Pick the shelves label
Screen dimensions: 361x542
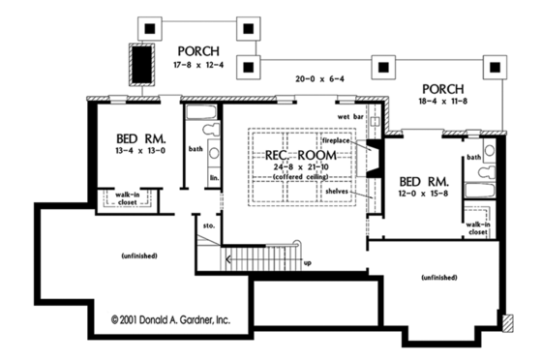pos(336,190)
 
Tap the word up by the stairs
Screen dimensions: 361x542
pos(308,262)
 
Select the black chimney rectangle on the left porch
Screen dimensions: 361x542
pos(142,65)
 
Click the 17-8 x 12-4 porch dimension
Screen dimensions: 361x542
pos(199,65)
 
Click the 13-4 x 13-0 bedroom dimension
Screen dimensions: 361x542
pos(138,150)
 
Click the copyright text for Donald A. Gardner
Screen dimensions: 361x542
pos(171,317)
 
